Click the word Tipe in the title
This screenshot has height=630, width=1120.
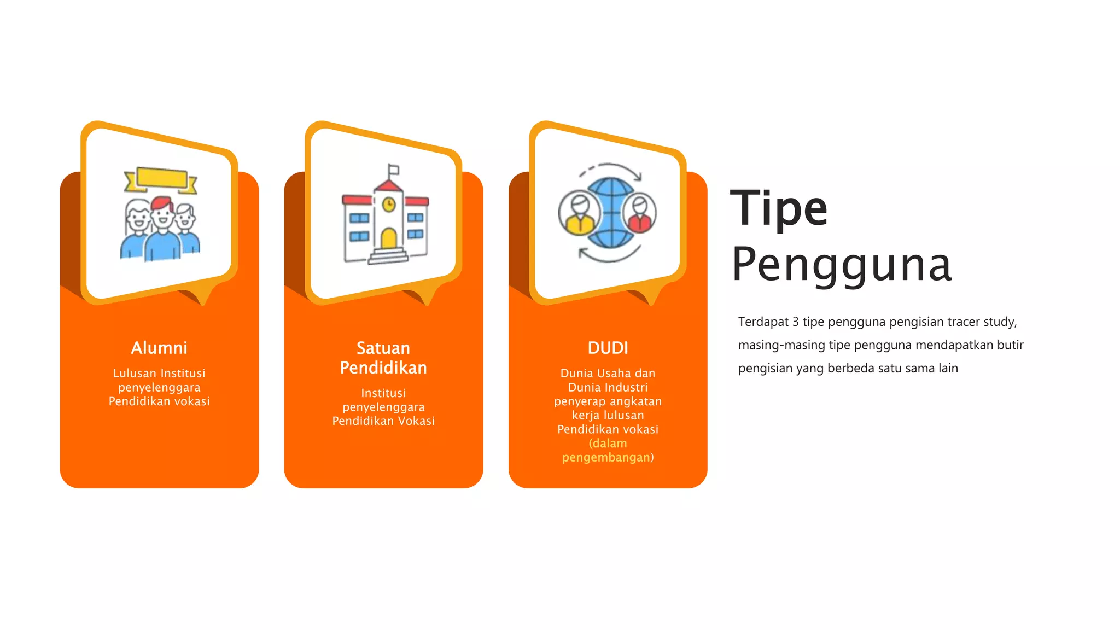pos(779,208)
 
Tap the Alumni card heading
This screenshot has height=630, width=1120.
pos(159,348)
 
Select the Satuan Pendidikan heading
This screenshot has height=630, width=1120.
pos(383,358)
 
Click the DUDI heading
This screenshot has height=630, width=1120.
pos(608,348)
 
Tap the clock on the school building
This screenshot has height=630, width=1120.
pos(388,205)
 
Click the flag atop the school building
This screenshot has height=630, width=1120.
pos(393,170)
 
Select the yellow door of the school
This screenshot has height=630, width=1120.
pos(388,239)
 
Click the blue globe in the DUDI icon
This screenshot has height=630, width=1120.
pos(607,213)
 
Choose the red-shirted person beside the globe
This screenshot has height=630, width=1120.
pos(639,213)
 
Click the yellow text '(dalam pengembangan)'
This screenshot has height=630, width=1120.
pos(608,450)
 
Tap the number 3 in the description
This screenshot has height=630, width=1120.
pos(795,322)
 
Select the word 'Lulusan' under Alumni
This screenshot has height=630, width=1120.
pos(135,373)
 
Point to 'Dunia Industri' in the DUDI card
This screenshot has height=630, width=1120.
pos(608,387)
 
